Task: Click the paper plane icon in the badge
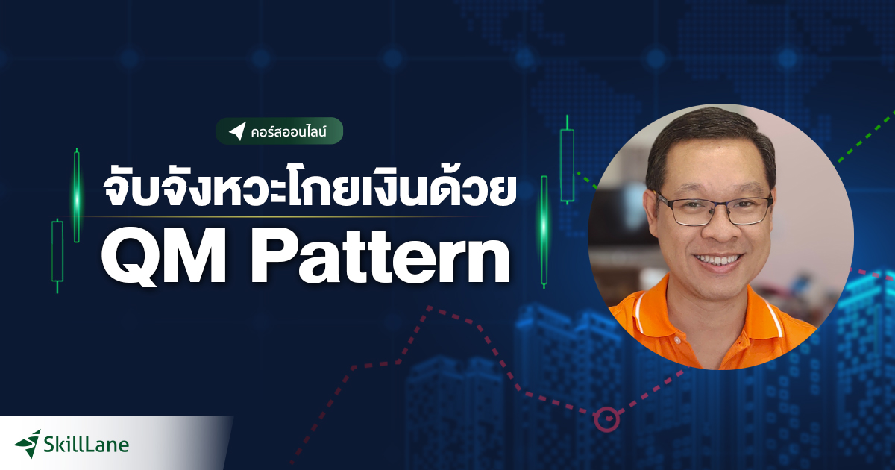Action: coord(237,131)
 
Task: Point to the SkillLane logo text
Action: coord(87,445)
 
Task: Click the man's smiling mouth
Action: coord(717,261)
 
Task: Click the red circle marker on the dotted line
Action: coord(607,419)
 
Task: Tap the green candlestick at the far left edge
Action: coord(57,250)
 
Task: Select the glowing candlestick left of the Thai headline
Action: coord(77,195)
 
